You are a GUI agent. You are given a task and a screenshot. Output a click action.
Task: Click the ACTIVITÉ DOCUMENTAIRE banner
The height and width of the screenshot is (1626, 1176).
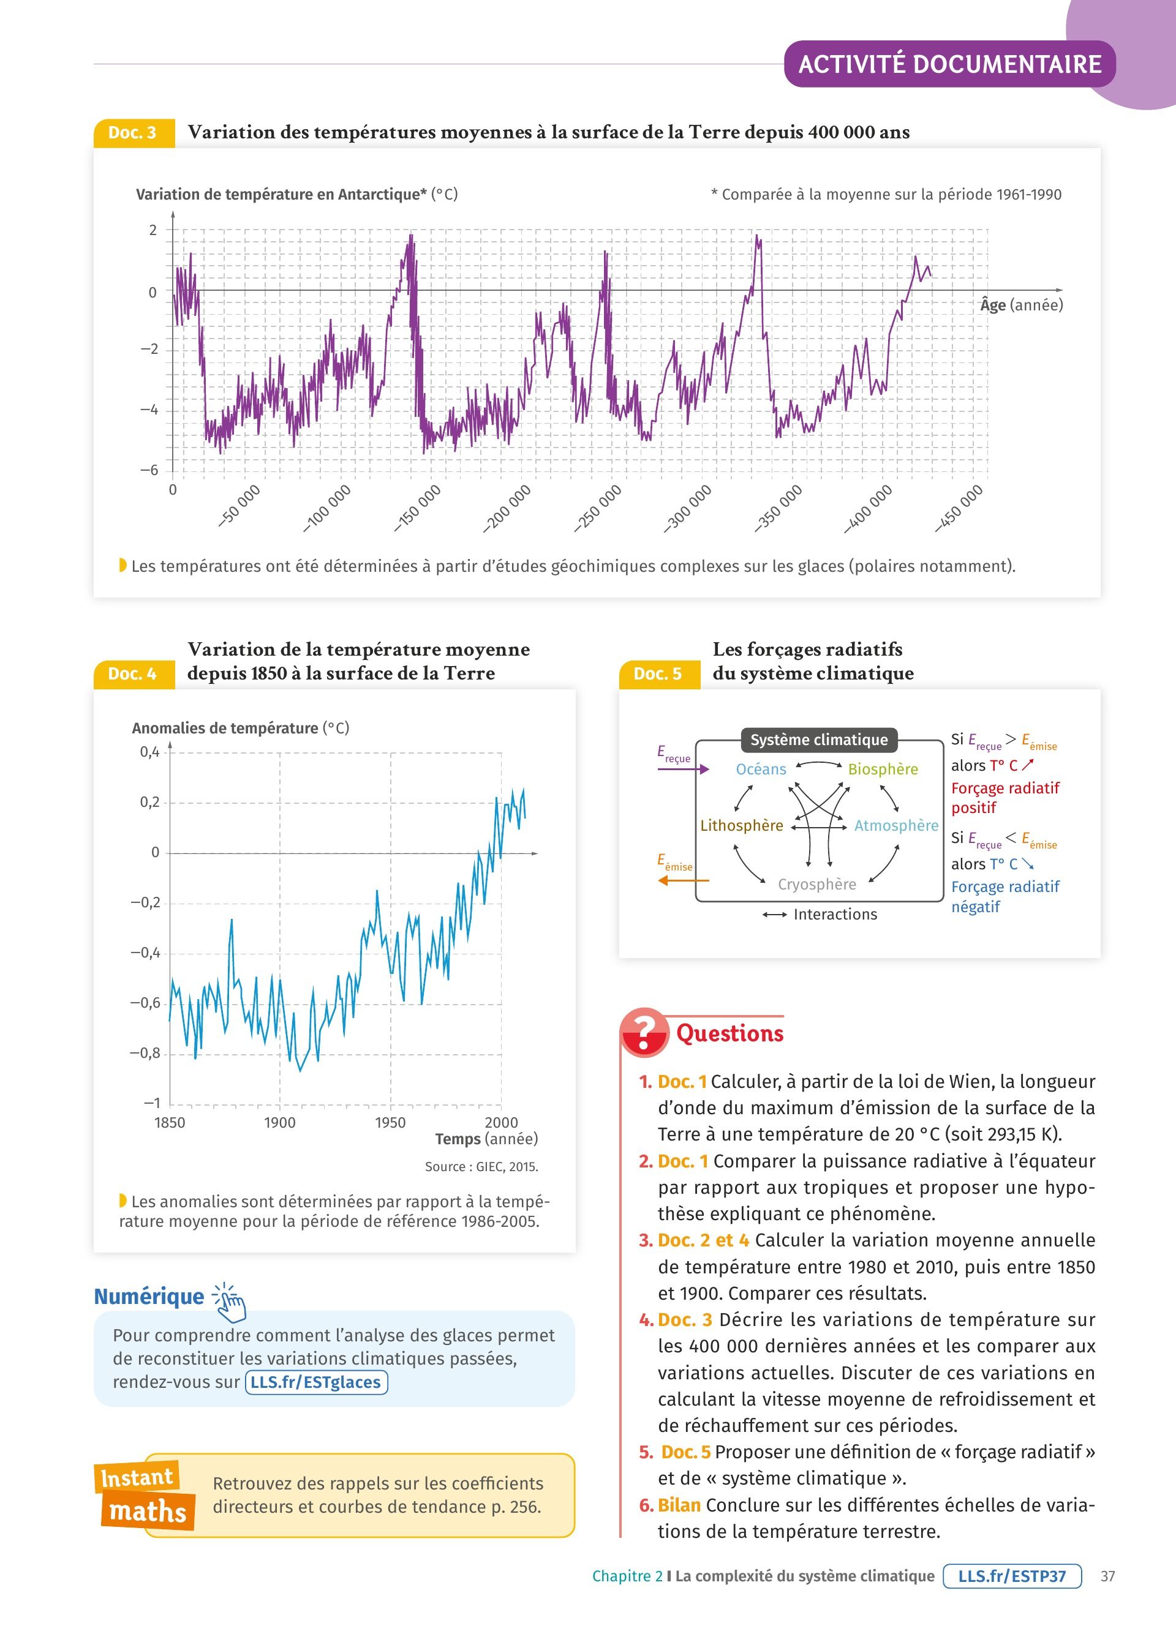click(x=949, y=64)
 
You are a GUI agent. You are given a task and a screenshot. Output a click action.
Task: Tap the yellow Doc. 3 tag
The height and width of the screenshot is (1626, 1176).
click(x=134, y=133)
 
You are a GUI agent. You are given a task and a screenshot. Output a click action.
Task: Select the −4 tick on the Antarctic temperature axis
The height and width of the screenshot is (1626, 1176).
click(x=149, y=410)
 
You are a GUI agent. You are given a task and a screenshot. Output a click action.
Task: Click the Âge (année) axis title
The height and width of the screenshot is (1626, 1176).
click(x=1021, y=305)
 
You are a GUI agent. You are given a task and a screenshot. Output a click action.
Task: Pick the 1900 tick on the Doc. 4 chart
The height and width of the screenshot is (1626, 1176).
click(x=280, y=1123)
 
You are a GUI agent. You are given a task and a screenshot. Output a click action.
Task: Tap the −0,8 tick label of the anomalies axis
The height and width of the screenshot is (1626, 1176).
click(x=145, y=1053)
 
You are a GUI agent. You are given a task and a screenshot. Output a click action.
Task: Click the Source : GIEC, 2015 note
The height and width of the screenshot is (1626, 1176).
click(x=481, y=1166)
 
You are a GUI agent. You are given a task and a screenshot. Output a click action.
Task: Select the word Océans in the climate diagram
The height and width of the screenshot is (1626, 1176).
click(x=761, y=770)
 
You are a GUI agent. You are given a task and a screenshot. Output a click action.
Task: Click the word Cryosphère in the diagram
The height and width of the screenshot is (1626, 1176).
click(x=816, y=885)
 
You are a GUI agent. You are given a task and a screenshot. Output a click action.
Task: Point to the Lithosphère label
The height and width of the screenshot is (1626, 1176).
click(x=742, y=826)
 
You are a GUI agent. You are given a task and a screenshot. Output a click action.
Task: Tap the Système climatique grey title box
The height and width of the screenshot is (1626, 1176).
click(x=819, y=740)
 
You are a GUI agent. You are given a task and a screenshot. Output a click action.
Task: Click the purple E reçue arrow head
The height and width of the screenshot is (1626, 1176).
click(x=704, y=770)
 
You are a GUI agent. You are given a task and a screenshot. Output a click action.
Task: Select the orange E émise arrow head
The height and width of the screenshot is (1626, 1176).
click(x=663, y=880)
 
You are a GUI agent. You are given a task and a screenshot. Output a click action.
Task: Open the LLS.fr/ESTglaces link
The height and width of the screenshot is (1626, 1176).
click(x=316, y=1382)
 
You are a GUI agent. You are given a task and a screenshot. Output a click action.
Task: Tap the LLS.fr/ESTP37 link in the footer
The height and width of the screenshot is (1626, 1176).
click(x=1012, y=1576)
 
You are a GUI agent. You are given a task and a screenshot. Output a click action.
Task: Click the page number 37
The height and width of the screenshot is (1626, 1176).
click(x=1108, y=1576)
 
